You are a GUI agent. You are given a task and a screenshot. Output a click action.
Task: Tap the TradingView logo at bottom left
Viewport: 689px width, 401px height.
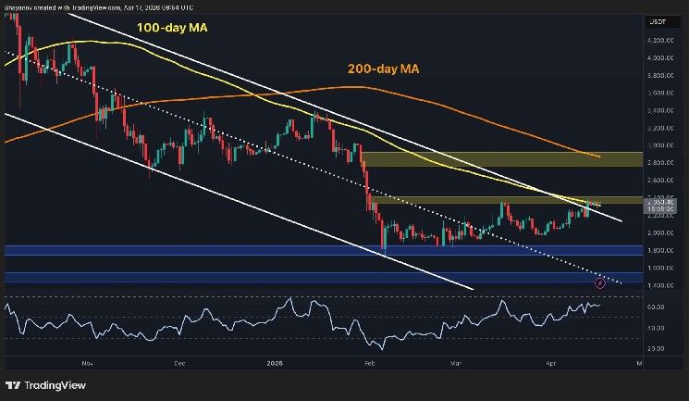44,385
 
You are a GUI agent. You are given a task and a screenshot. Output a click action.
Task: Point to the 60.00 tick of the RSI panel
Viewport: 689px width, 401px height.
658,307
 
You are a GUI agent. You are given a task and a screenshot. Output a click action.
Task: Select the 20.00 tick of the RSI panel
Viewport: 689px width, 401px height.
658,348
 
